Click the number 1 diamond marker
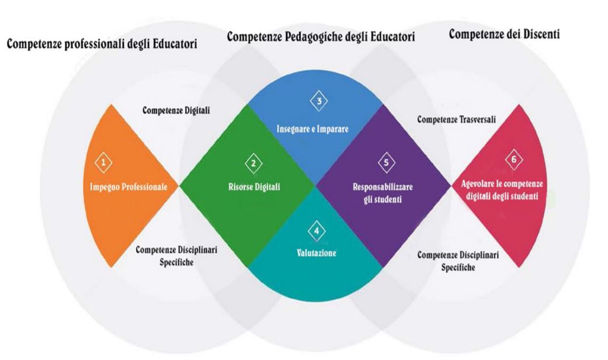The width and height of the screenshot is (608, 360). (x=103, y=162)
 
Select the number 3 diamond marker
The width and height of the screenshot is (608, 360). (x=319, y=101)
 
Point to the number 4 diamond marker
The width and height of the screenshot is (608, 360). (x=317, y=231)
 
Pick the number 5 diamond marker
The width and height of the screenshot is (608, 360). (x=385, y=162)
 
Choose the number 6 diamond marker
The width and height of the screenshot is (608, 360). (x=513, y=160)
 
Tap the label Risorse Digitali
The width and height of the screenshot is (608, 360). (x=254, y=188)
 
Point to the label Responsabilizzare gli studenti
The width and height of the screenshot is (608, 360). (x=383, y=193)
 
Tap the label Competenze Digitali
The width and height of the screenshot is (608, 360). (x=176, y=110)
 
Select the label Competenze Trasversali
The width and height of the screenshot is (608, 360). (x=457, y=119)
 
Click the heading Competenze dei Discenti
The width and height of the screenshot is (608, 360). (x=505, y=34)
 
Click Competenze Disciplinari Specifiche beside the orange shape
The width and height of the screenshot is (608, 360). (x=176, y=255)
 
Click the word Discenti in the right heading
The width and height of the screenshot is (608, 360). (x=538, y=34)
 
